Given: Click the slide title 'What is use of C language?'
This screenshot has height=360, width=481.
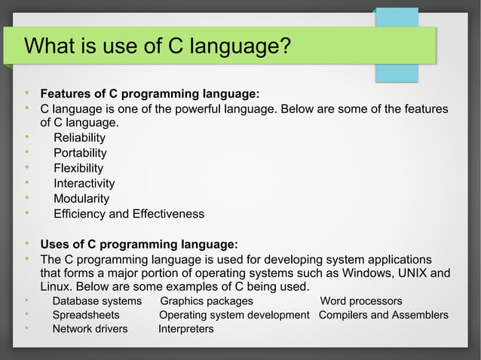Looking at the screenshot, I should coord(158,46).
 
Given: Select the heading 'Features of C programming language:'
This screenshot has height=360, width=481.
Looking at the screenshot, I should coord(149,94).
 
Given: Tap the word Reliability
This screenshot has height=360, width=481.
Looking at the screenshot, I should coord(79,138).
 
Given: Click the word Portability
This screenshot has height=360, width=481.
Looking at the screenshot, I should coord(80,153).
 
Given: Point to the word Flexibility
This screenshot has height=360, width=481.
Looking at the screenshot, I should coord(78,168).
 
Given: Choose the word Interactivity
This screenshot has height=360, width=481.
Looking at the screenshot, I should coord(84,184).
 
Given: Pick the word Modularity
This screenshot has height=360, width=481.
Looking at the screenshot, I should coord(81,199).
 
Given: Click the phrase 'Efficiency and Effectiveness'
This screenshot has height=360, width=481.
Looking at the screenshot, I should coord(128,214).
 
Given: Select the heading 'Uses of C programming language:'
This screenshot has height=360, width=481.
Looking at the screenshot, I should coord(139,245).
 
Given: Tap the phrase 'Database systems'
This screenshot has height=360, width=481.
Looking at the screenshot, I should coord(97,301).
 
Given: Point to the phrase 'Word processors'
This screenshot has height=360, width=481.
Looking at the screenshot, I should coord(361,301).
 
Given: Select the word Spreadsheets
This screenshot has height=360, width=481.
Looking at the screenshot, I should coord(85,315).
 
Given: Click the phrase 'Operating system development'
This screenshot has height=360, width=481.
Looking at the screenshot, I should coord(234,315).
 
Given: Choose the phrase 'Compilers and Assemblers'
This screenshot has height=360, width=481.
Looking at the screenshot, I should coord(383,315).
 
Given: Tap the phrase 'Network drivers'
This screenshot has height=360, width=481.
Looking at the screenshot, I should coord(90,329).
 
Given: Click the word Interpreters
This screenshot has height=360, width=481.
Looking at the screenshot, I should coord(185,329).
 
